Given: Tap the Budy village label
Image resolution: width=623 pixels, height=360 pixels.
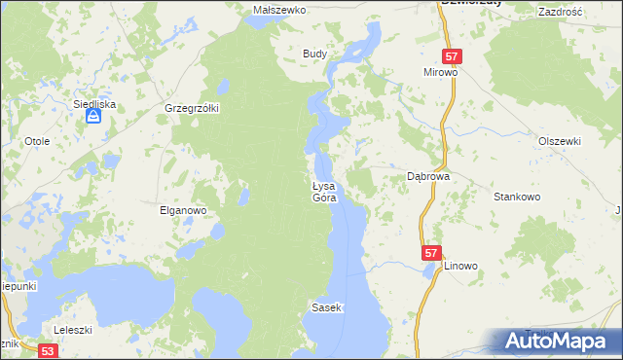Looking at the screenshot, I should coord(313,54).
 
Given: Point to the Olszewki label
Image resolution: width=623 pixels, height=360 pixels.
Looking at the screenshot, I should coord(559,141).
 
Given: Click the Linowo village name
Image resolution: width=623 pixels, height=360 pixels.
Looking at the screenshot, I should coord(461,266).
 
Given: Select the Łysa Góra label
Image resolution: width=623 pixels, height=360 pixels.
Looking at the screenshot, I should coord(324,192).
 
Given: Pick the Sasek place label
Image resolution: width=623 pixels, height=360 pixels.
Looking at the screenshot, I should coord(326,307).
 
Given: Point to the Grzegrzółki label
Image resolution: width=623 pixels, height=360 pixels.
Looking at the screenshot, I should coord(193,108).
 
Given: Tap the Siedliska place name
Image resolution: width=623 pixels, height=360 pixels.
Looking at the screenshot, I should coord(94,101).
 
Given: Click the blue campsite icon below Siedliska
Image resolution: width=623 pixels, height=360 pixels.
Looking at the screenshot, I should coord(92,117).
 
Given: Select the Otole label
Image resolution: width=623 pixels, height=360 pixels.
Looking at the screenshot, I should coord(38,141).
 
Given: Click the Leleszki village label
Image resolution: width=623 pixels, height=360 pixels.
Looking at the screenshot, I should coord(73,330).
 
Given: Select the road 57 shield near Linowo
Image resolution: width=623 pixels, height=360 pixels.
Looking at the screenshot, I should coord(432,253).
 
